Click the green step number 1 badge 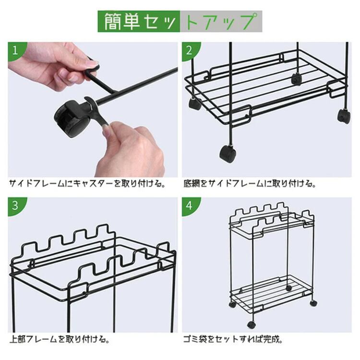coord(15,50)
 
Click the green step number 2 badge coord(189,50)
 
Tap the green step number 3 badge coord(15,205)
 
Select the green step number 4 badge coord(189,205)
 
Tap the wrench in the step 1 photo coord(96,110)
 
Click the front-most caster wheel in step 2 coord(228,153)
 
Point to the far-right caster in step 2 coord(344,116)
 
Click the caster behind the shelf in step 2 coord(296,79)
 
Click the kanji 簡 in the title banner coord(113,21)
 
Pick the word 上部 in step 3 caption coord(18,339)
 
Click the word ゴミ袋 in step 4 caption coord(195,339)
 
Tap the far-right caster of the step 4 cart coord(313,303)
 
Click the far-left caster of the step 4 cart coord(232,305)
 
